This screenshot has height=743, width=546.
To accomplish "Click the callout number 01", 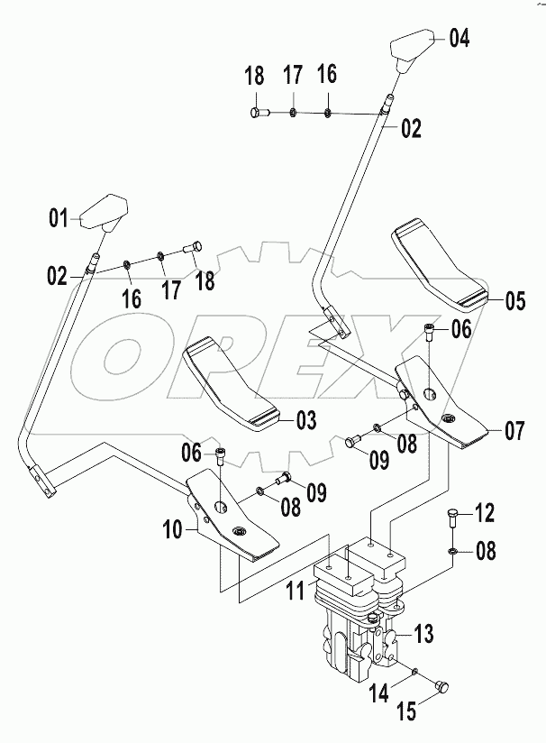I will (x=59, y=217).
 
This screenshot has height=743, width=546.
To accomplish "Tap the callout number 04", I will (x=460, y=38).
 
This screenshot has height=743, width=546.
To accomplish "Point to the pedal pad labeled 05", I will (x=440, y=268).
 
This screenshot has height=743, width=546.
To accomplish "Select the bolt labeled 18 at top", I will (x=256, y=112).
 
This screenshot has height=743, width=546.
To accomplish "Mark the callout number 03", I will (x=306, y=419).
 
